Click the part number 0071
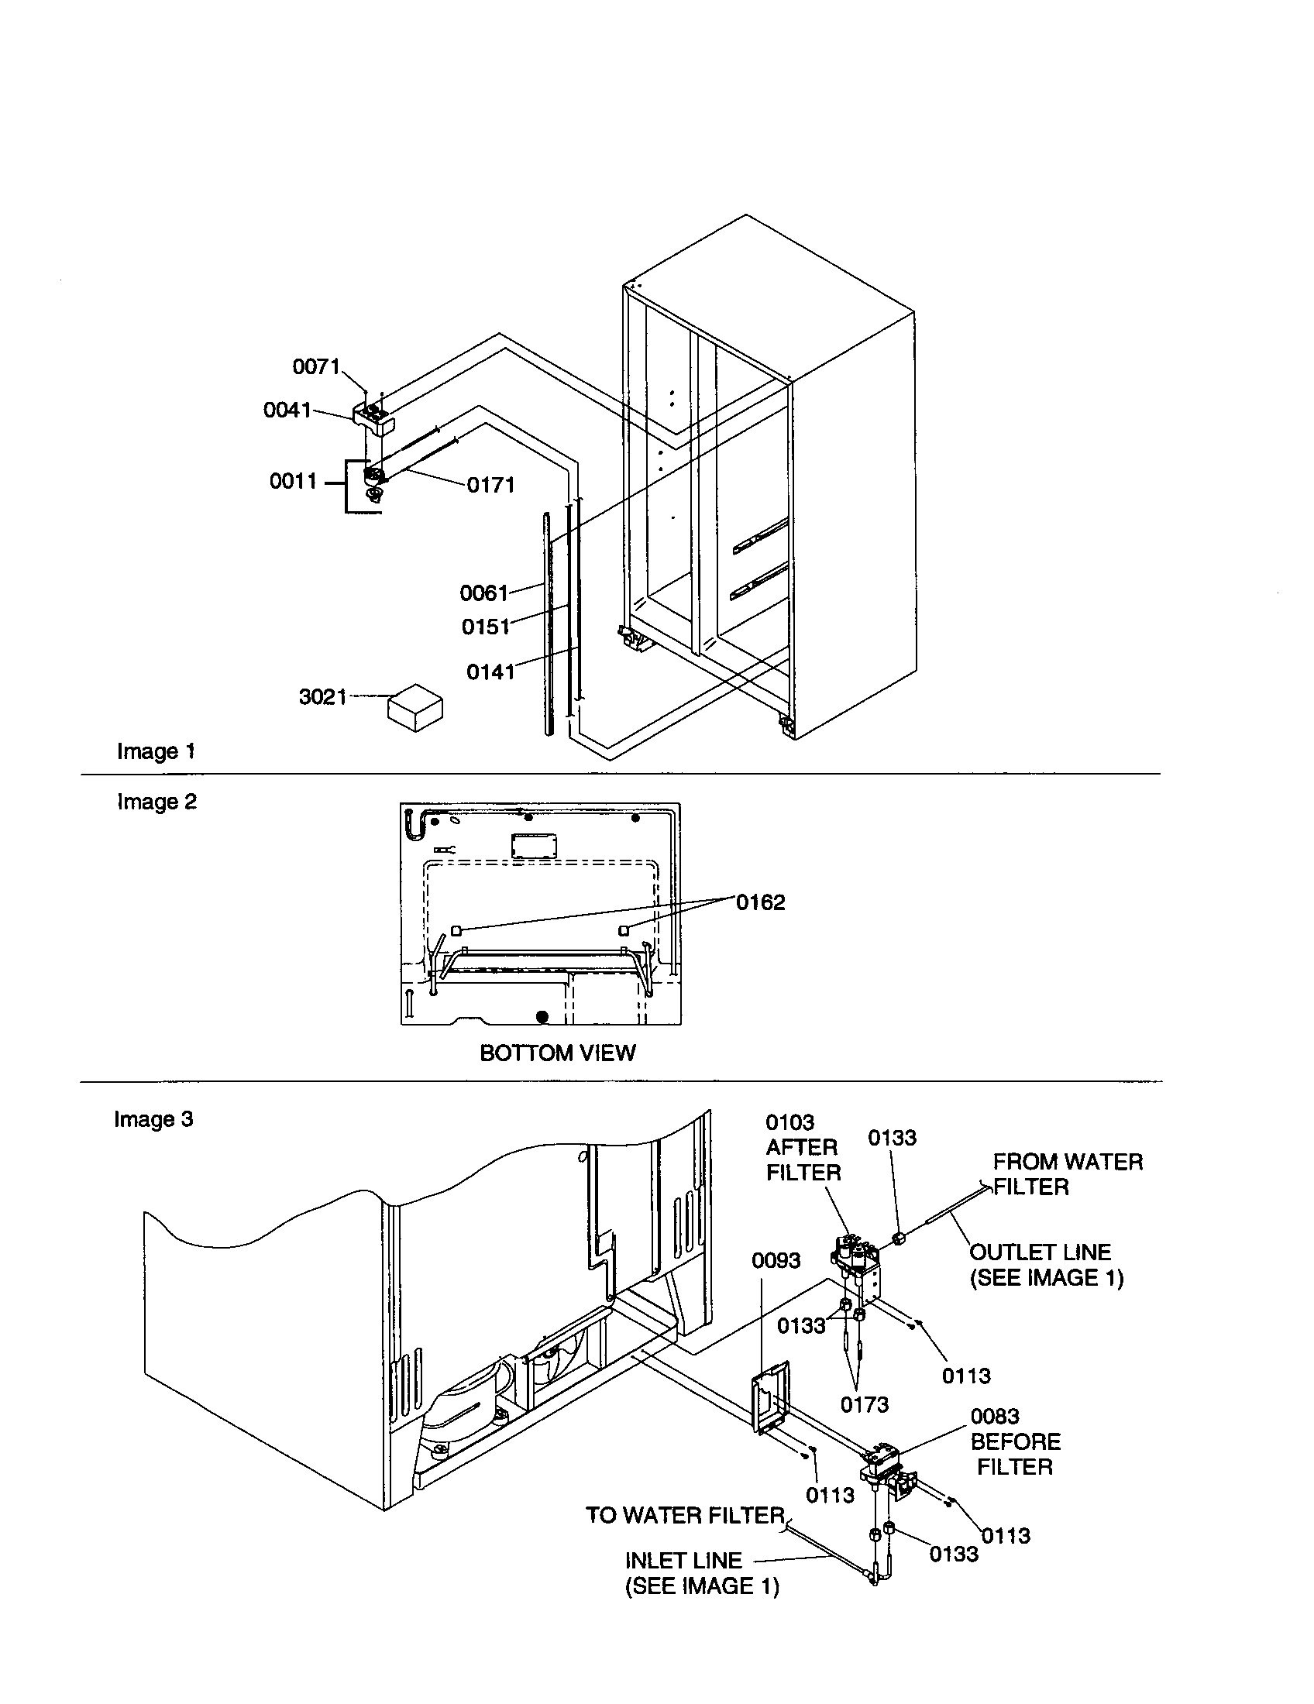coord(315,366)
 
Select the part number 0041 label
coord(287,410)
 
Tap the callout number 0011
coord(293,481)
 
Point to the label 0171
coord(490,485)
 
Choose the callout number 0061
coord(483,593)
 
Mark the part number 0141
coord(490,671)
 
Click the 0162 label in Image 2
coord(760,902)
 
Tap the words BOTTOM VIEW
coord(557,1053)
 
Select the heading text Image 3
coord(153,1119)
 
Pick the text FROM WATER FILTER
coord(1067,1173)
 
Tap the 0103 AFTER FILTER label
coord(802,1147)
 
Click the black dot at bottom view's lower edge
coord(542,1017)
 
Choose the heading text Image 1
coord(155,751)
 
